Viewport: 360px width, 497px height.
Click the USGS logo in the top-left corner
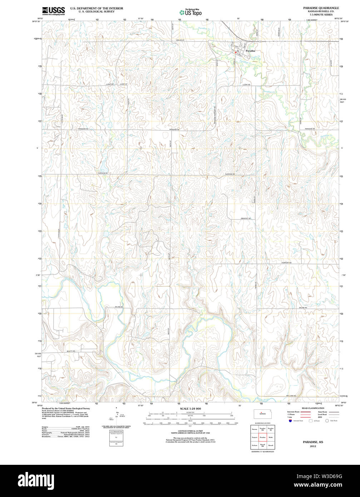[x=54, y=11]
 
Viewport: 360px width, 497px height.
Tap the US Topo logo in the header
[x=190, y=12]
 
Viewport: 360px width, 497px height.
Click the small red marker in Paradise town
[x=236, y=52]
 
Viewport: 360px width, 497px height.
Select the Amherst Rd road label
[x=246, y=218]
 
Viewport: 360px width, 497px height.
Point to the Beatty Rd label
[x=71, y=351]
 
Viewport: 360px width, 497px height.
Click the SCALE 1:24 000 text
[x=190, y=409]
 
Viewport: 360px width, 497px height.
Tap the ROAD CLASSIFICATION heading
[x=312, y=408]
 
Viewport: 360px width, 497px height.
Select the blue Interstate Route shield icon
[x=290, y=421]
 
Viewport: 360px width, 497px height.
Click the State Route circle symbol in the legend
[x=327, y=421]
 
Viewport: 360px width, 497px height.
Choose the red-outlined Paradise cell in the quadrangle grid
[x=262, y=437]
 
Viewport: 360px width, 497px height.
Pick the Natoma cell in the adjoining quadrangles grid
[x=254, y=429]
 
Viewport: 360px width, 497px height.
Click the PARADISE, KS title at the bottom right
[x=313, y=442]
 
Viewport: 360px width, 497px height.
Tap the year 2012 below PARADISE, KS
[x=313, y=446]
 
